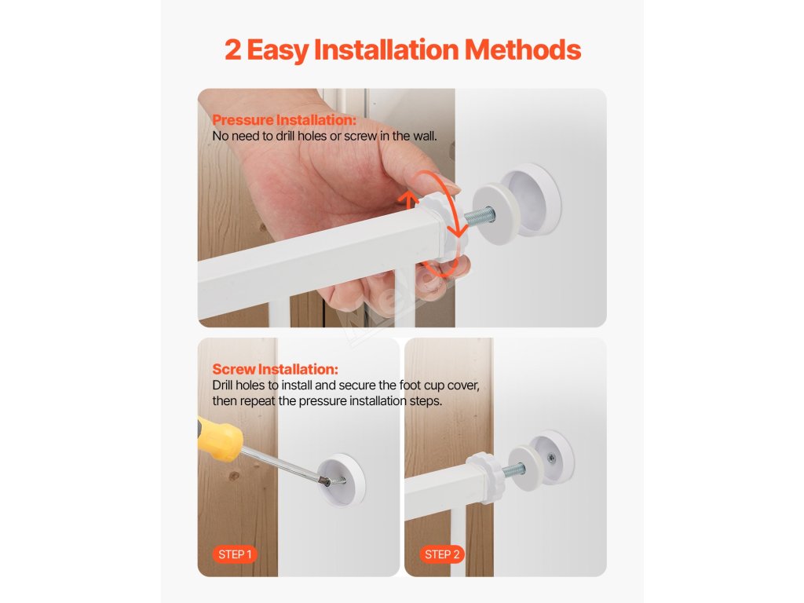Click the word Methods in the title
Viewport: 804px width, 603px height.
point(522,49)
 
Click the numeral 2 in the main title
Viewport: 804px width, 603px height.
point(232,50)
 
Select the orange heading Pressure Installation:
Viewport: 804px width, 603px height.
point(284,120)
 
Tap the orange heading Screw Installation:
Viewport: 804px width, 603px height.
point(276,369)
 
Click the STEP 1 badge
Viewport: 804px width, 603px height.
point(235,554)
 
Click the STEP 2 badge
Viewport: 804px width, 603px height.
point(442,554)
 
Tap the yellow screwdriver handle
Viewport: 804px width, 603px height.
point(220,438)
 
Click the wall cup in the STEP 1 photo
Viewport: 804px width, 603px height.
point(342,480)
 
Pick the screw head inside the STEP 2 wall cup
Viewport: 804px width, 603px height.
point(551,458)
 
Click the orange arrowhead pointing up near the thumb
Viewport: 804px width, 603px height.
point(408,198)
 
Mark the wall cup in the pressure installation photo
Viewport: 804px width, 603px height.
point(532,200)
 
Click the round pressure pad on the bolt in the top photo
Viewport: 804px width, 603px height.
point(495,214)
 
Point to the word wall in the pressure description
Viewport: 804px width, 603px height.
point(423,137)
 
